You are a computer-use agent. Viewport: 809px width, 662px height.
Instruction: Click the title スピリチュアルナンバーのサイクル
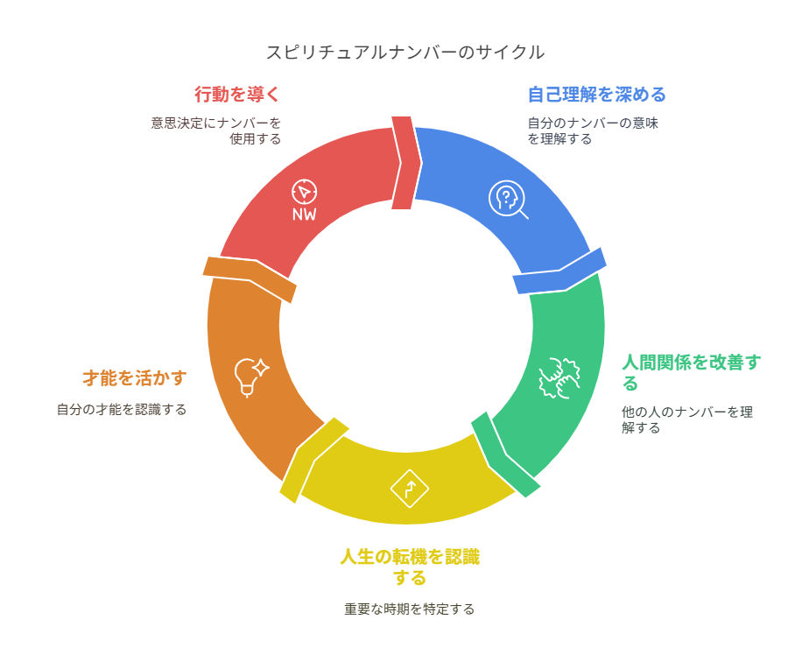(404, 53)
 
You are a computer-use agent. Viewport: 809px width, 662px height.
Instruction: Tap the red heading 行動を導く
(237, 94)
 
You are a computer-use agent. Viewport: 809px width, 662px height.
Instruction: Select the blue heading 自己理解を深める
(596, 94)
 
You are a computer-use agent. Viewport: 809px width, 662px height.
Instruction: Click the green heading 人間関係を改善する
(690, 372)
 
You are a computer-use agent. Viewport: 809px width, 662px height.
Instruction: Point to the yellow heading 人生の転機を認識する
(410, 567)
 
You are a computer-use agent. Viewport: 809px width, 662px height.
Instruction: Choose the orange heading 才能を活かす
(134, 377)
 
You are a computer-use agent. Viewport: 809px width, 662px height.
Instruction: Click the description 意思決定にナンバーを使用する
(215, 130)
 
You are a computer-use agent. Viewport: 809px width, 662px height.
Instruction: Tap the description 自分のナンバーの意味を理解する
(592, 130)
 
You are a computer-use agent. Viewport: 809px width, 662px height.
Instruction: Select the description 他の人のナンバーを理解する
(686, 419)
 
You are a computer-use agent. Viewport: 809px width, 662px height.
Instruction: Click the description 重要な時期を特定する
(409, 609)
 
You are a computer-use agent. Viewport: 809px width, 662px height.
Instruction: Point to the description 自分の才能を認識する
(122, 409)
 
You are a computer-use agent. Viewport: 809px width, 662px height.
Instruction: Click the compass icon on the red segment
(304, 191)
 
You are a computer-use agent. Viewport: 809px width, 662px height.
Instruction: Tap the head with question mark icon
(507, 198)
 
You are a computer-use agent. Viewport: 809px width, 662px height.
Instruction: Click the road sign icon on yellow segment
(409, 488)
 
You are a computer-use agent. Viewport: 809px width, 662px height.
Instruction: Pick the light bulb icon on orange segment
(250, 376)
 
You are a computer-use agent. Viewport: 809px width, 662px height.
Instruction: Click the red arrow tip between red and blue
(404, 163)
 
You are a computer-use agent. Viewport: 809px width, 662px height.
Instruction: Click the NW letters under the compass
(305, 215)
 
